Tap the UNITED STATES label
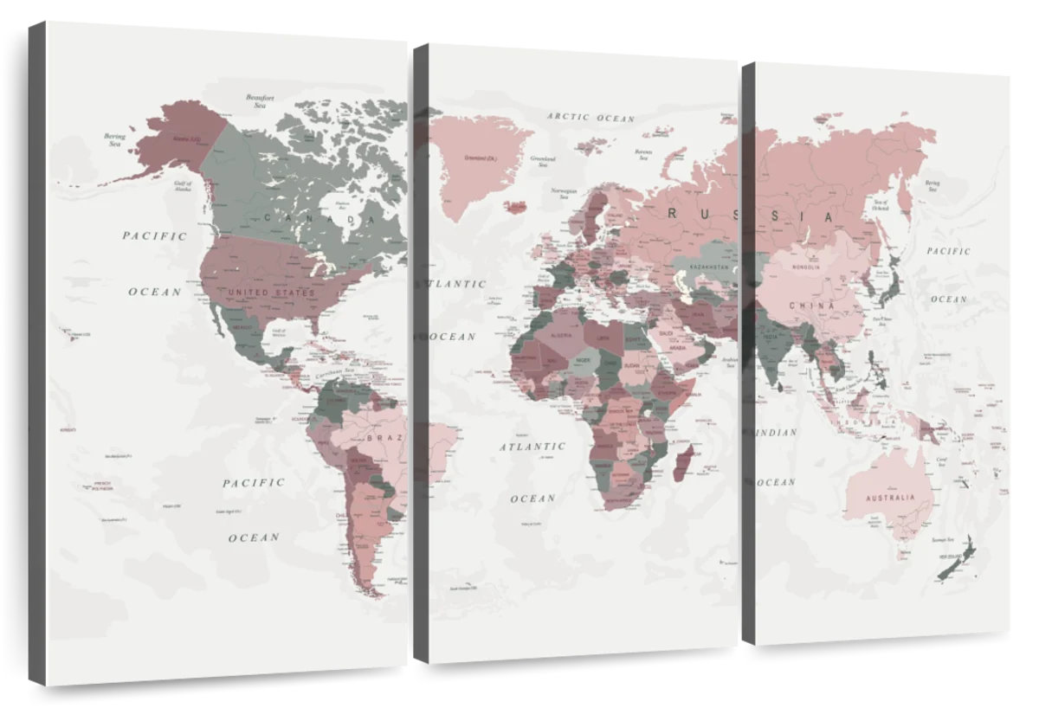point(272,293)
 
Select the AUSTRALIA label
point(892,498)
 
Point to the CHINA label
point(811,306)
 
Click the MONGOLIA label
point(807,267)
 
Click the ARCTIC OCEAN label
point(590,117)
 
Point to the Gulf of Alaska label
point(183,187)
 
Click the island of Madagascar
point(681,460)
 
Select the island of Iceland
point(515,207)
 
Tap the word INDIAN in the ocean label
point(776,432)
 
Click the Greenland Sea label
point(543,161)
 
